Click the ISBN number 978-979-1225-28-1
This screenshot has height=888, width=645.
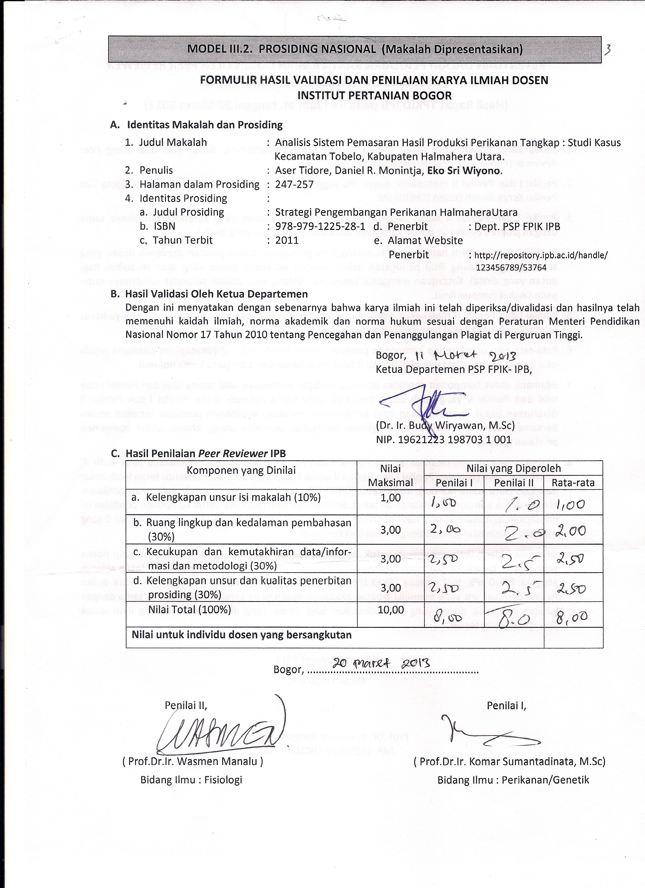pyautogui.click(x=320, y=226)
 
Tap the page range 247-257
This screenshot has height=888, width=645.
pyautogui.click(x=294, y=184)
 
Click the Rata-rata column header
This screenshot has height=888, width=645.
pyautogui.click(x=573, y=483)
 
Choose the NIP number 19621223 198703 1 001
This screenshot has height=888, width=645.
pyautogui.click(x=444, y=440)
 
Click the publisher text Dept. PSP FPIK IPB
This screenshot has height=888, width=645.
pyautogui.click(x=517, y=226)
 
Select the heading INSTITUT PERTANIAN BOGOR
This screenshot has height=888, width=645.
pyautogui.click(x=374, y=95)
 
